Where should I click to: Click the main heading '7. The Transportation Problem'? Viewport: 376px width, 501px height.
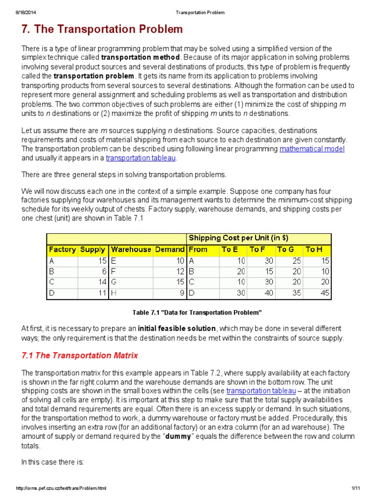(102, 29)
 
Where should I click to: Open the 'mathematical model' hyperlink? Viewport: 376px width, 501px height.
(312, 149)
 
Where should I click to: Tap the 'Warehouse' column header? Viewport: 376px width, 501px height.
(131, 250)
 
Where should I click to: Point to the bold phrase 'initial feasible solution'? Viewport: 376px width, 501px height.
(177, 328)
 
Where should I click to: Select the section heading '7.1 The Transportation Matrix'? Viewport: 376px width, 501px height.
(80, 356)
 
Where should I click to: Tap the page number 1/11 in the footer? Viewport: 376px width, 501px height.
(355, 489)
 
